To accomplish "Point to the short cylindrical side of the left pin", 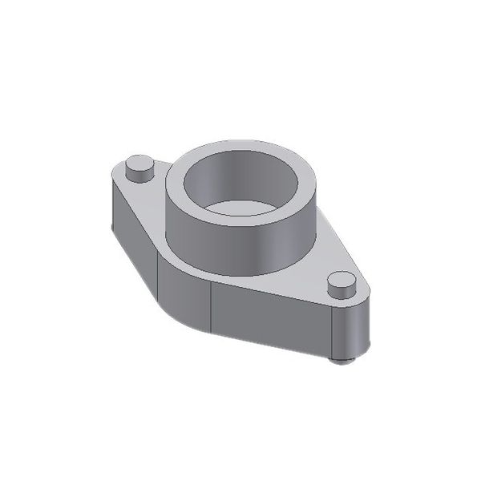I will click(139, 174).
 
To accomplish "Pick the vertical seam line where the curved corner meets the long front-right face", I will click(211, 309).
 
